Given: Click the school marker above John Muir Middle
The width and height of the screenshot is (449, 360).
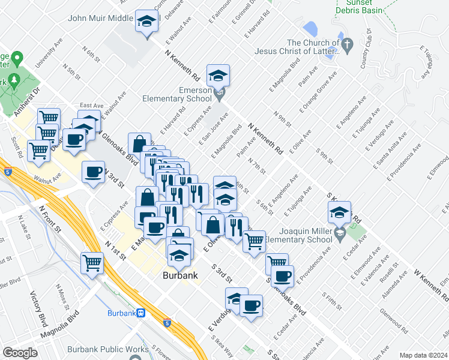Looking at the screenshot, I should (x=145, y=22).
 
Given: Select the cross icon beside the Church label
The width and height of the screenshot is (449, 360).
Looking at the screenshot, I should (x=346, y=44).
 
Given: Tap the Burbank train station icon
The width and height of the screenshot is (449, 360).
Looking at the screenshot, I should (x=140, y=313).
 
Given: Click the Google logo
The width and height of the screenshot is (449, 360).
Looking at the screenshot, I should (x=20, y=353).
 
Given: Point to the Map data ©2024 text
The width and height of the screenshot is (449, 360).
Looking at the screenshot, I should (x=423, y=355).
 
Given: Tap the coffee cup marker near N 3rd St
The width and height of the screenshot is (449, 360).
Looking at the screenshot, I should (x=93, y=172).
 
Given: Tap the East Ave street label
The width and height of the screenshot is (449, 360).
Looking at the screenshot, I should (x=91, y=106).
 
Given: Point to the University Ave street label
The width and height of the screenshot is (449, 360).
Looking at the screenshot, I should (x=49, y=53).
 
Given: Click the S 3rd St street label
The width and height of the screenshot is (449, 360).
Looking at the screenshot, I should (x=221, y=272).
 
